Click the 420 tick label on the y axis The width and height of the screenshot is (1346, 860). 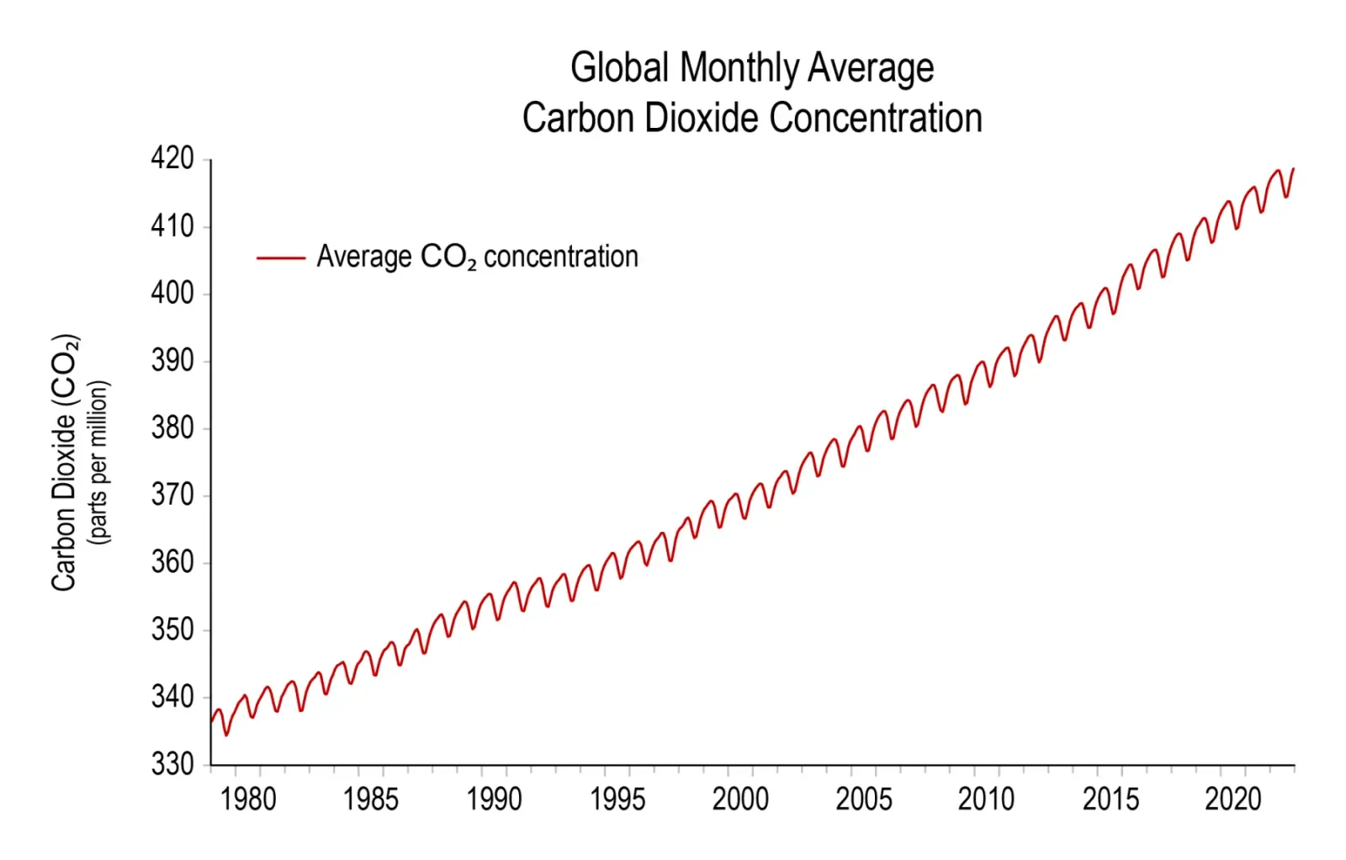[x=172, y=158]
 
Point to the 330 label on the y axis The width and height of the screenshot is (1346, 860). [x=172, y=764]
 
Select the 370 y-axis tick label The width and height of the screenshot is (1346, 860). [x=172, y=495]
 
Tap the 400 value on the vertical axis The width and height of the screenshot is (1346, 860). [x=172, y=293]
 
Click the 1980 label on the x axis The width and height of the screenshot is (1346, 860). [x=247, y=799]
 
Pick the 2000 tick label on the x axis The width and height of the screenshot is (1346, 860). [x=740, y=799]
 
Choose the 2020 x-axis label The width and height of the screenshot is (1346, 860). [x=1232, y=799]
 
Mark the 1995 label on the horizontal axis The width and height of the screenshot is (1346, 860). [x=617, y=799]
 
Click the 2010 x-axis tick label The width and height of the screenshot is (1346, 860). [x=986, y=799]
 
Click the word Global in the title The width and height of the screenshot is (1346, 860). [x=619, y=67]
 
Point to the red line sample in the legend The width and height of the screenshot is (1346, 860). [x=280, y=257]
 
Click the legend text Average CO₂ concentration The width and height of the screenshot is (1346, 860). [x=477, y=257]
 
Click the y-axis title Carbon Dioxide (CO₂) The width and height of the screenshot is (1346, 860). [x=66, y=463]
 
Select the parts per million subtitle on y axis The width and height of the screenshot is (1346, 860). [x=99, y=463]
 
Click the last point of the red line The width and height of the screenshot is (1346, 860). [x=1293, y=169]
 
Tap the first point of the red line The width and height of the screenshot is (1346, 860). [x=211, y=720]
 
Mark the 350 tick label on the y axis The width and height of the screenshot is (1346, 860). [x=172, y=629]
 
